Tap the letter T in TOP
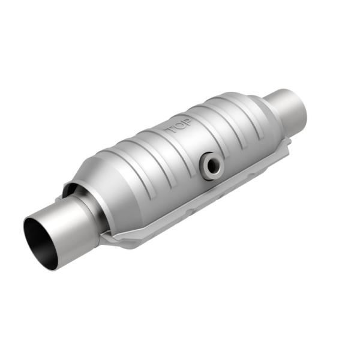point(167,131)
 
